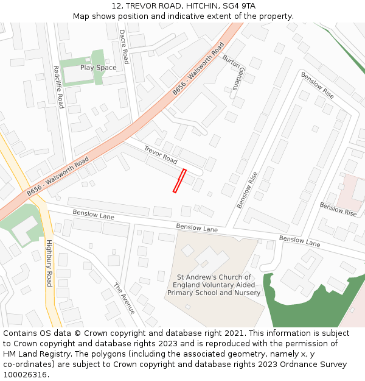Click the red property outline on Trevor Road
coord(179,181)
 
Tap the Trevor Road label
coord(161,155)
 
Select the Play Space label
coord(98,68)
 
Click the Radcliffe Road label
coord(58,87)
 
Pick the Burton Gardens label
coord(233,72)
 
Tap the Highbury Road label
coord(49,263)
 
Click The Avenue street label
coord(125,298)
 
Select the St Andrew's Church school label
coord(214,285)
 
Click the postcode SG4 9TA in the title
coord(241,5)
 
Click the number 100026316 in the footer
coord(24,375)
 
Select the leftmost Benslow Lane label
coord(93,215)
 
